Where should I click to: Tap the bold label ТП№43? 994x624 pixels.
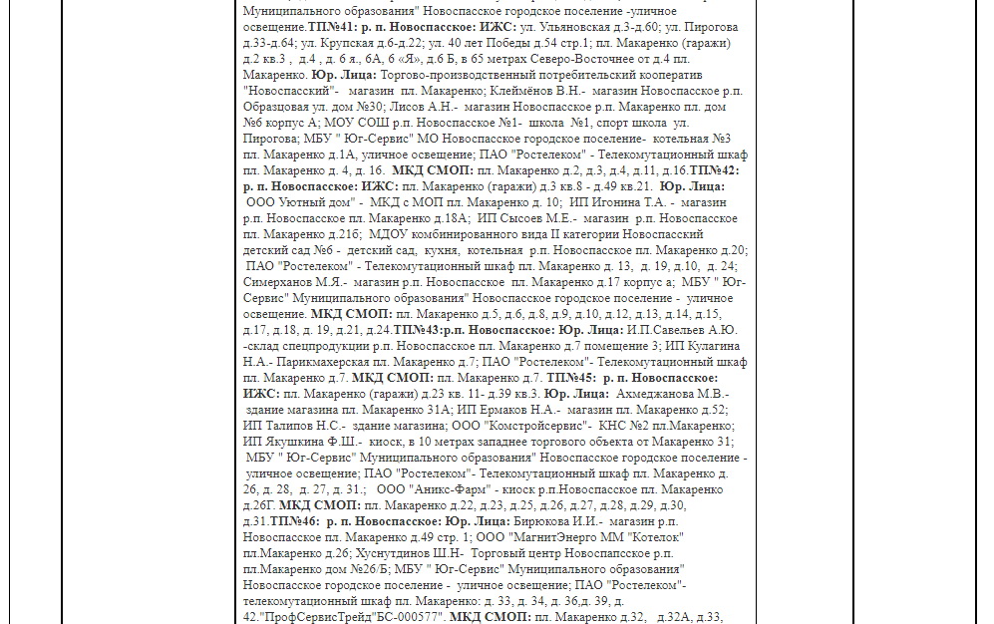(418, 330)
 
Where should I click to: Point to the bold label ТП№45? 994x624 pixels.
(571, 378)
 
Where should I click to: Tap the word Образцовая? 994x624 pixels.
(276, 108)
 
